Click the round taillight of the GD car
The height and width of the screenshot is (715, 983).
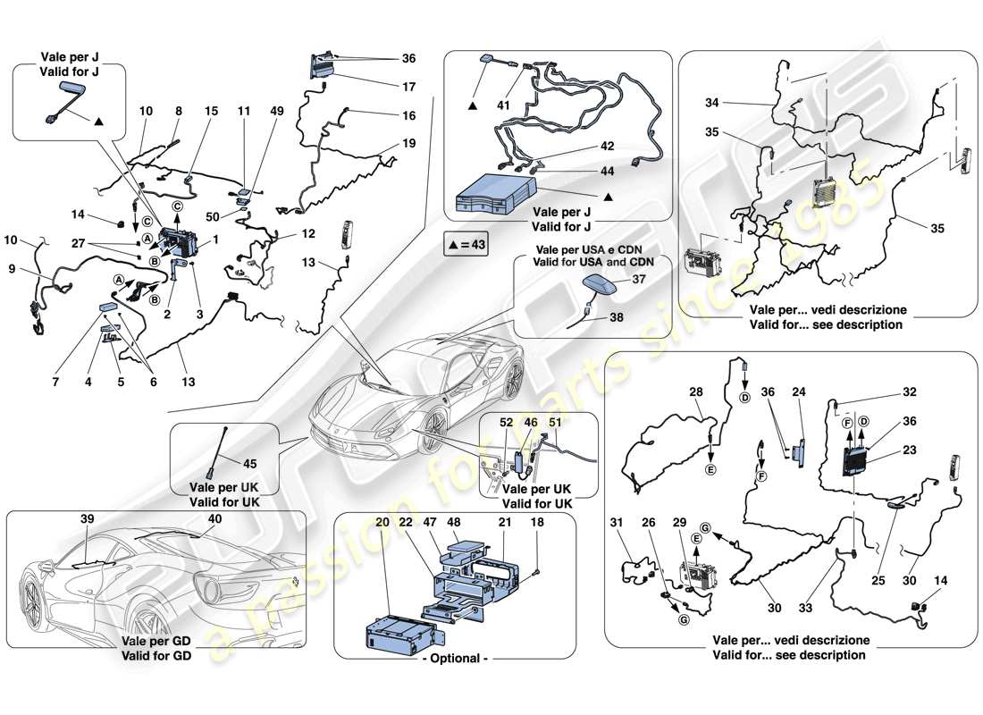click(215, 590)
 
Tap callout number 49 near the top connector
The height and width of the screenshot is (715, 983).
click(278, 111)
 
